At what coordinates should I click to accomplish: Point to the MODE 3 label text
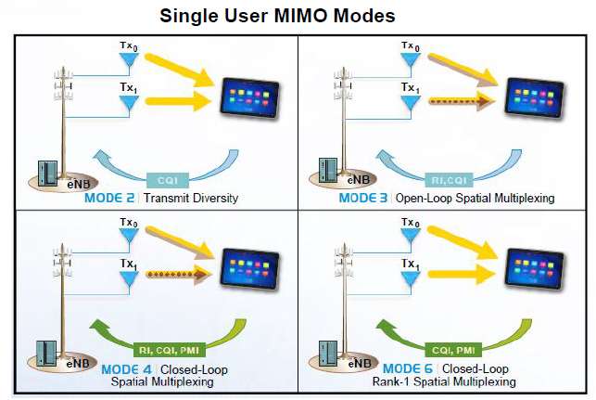(362, 198)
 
